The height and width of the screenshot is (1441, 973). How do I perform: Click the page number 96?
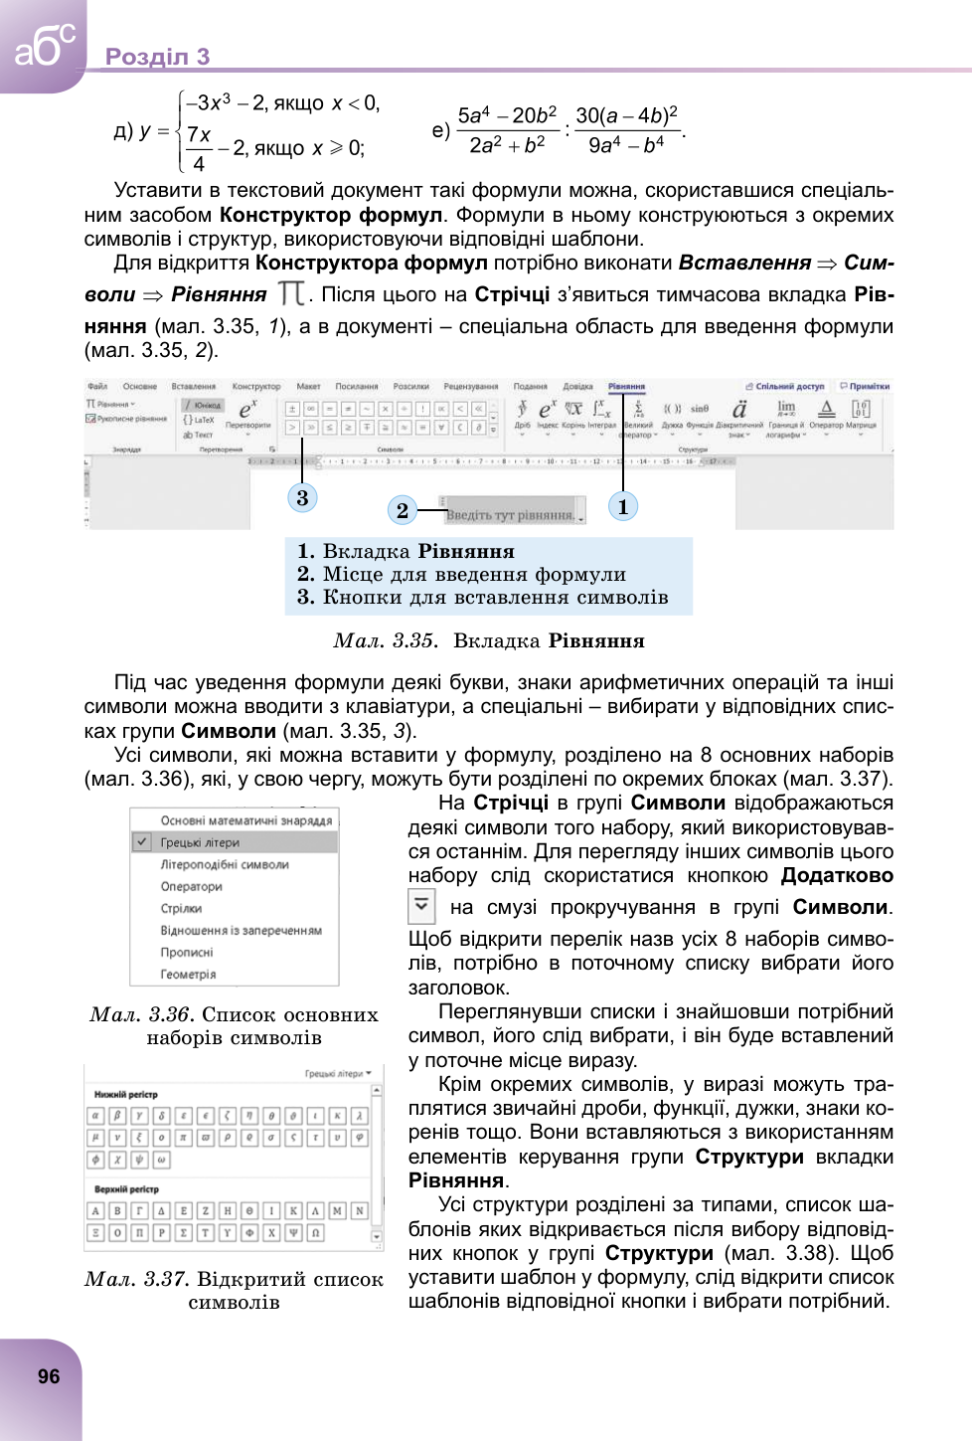pyautogui.click(x=49, y=1376)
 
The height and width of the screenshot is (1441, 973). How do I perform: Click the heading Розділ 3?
pyautogui.click(x=158, y=57)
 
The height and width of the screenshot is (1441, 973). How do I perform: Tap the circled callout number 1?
pyautogui.click(x=623, y=506)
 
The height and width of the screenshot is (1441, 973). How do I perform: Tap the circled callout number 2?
pyautogui.click(x=402, y=510)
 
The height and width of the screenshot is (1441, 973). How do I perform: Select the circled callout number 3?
pyautogui.click(x=302, y=497)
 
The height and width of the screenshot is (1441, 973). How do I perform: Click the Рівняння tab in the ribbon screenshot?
pyautogui.click(x=627, y=386)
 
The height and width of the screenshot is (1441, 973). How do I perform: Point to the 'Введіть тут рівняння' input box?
pyautogui.click(x=512, y=514)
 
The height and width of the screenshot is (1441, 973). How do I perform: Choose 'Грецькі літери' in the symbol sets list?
pyautogui.click(x=200, y=842)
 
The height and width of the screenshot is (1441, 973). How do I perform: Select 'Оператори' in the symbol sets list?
pyautogui.click(x=192, y=886)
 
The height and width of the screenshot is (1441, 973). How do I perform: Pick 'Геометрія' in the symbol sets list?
pyautogui.click(x=188, y=975)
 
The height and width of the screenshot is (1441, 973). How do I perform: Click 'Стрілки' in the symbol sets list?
pyautogui.click(x=181, y=908)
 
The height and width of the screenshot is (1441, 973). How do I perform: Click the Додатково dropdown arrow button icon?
pyautogui.click(x=422, y=906)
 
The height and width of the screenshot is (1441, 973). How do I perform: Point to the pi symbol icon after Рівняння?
pyautogui.click(x=291, y=293)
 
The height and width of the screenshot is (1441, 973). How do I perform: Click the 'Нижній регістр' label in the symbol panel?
pyautogui.click(x=126, y=1094)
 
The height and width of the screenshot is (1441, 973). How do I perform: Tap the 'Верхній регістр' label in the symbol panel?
pyautogui.click(x=126, y=1188)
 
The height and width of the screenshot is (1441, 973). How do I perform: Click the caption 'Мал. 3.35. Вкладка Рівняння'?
pyautogui.click(x=489, y=641)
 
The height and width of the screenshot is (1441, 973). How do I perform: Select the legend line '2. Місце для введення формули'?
pyautogui.click(x=462, y=574)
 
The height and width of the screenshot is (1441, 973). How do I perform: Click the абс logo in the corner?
pyautogui.click(x=43, y=45)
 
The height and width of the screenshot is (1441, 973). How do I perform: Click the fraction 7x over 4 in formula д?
pyautogui.click(x=199, y=148)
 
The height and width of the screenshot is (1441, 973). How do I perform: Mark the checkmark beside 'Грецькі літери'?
pyautogui.click(x=142, y=842)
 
